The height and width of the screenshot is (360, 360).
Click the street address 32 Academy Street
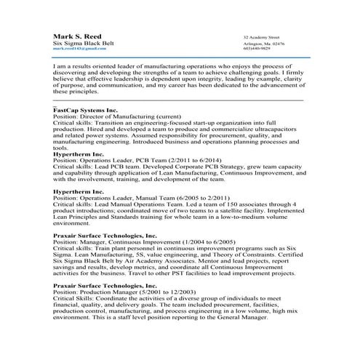click(262, 36)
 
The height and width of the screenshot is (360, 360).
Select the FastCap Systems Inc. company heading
click(85, 108)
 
